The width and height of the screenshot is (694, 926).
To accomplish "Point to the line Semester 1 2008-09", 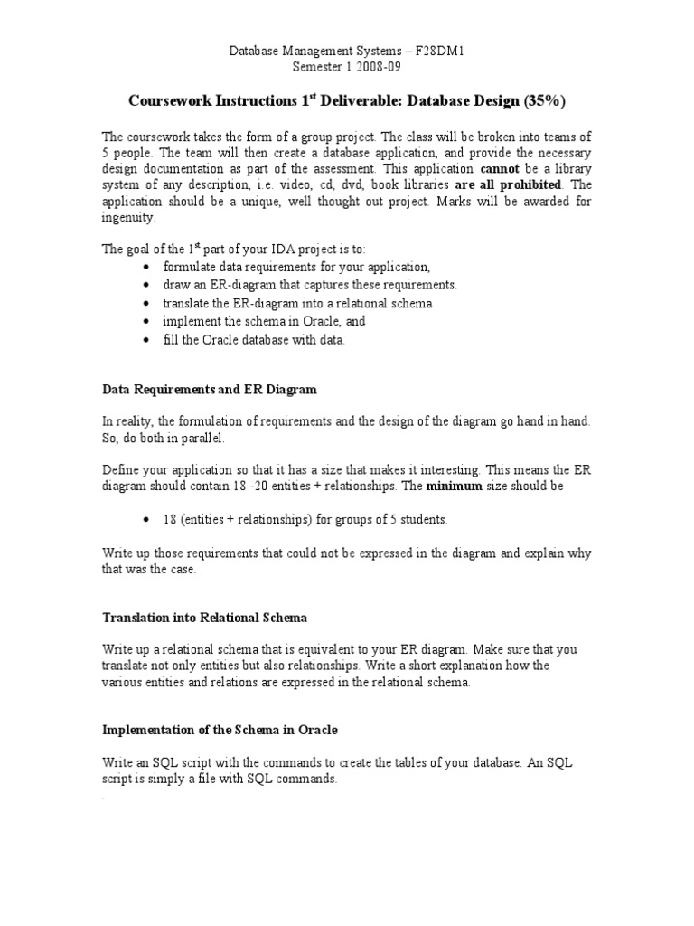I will click(x=347, y=66).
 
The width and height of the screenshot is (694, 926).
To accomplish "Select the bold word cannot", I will click(x=499, y=168).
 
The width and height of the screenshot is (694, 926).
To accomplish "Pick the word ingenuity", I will click(x=128, y=217).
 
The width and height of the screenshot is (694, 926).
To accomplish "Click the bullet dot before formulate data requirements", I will click(x=146, y=267).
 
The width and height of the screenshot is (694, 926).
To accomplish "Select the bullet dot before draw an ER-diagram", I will click(x=146, y=285).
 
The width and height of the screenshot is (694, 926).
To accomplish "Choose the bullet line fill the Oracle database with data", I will click(x=254, y=339).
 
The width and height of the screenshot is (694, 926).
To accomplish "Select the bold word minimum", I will click(x=455, y=487).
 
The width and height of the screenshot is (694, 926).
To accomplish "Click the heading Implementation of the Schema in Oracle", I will click(x=220, y=730).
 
